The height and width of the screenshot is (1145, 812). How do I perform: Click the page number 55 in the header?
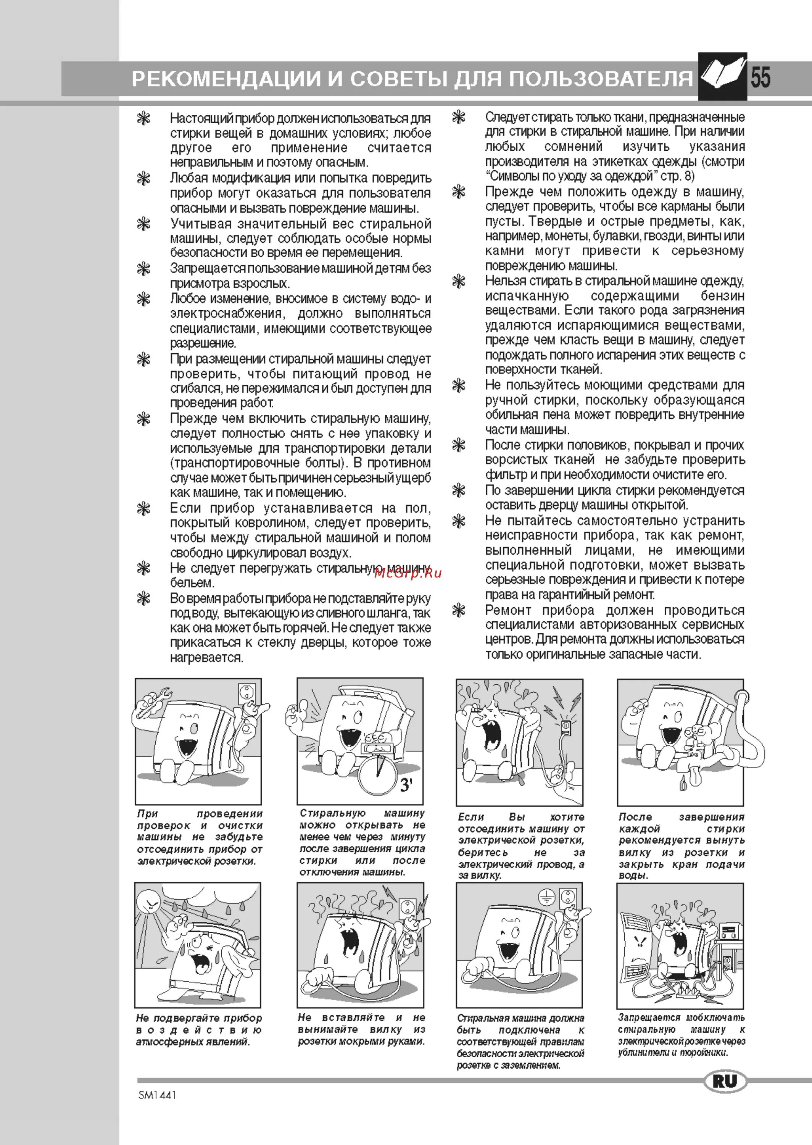coord(760,78)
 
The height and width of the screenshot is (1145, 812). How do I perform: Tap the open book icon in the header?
coord(722,76)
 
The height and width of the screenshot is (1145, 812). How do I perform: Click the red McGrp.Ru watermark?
coord(408,573)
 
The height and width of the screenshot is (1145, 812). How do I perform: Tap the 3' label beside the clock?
coord(406,785)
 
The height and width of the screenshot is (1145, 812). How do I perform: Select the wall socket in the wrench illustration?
coord(248,693)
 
